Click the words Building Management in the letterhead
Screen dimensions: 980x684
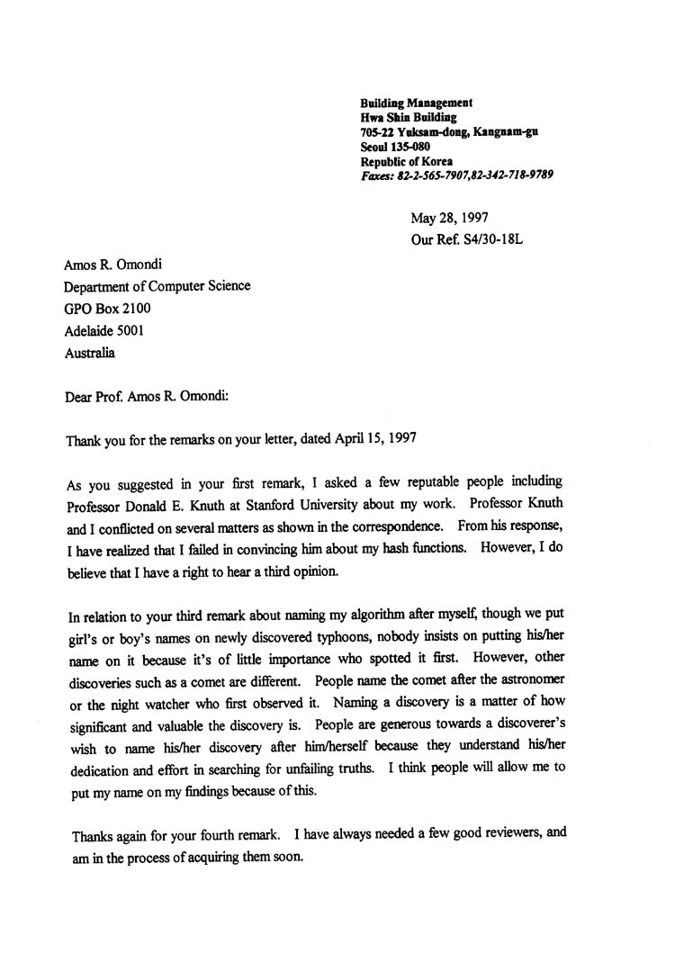[x=417, y=103]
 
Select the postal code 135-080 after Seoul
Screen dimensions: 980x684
[x=411, y=147]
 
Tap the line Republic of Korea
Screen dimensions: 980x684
[x=407, y=161]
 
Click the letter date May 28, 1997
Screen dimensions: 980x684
[x=450, y=218]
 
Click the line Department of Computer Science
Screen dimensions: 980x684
[x=157, y=287]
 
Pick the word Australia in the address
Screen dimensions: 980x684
[x=90, y=354]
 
